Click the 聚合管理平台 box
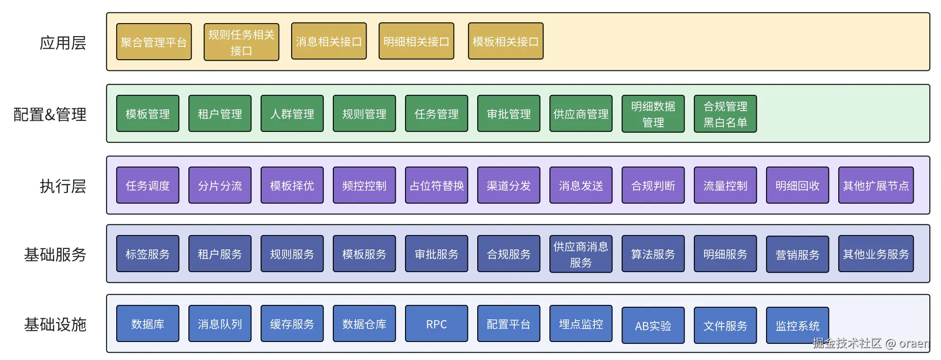(x=154, y=42)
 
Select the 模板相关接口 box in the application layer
(x=505, y=42)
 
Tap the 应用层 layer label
(x=63, y=43)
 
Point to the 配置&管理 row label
(x=50, y=114)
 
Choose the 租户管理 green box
(x=220, y=114)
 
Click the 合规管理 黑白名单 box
(x=725, y=114)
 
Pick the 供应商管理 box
(x=581, y=114)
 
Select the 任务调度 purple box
(x=148, y=186)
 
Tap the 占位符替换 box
(x=436, y=186)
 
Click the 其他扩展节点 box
(x=876, y=186)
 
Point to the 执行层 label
(x=63, y=186)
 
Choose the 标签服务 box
(x=148, y=254)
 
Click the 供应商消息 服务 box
(x=581, y=254)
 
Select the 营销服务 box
(x=798, y=254)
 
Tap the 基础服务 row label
(x=55, y=254)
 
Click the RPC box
(x=436, y=324)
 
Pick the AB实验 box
(x=653, y=326)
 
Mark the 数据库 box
(x=148, y=324)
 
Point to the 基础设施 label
(x=55, y=324)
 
